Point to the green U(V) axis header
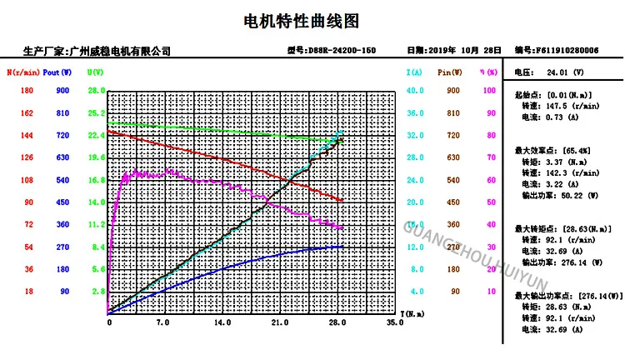tap(96, 72)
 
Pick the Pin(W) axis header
tap(451, 72)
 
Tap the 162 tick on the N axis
tap(27, 112)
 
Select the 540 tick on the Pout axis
tap(62, 180)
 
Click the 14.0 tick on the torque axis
tap(222, 322)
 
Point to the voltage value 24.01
tap(557, 72)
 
